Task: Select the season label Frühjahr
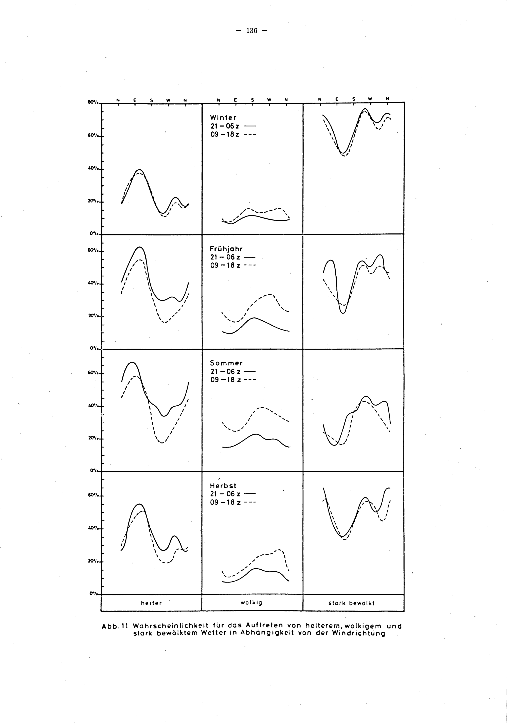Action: coord(226,249)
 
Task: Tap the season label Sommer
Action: coord(226,363)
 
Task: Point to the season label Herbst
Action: coord(223,486)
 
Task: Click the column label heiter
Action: coord(151,603)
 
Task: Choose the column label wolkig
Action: coord(251,603)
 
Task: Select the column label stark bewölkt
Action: coord(352,603)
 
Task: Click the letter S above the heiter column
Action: coord(151,100)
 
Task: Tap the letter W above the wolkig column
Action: coord(269,100)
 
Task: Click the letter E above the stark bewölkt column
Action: coord(336,99)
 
